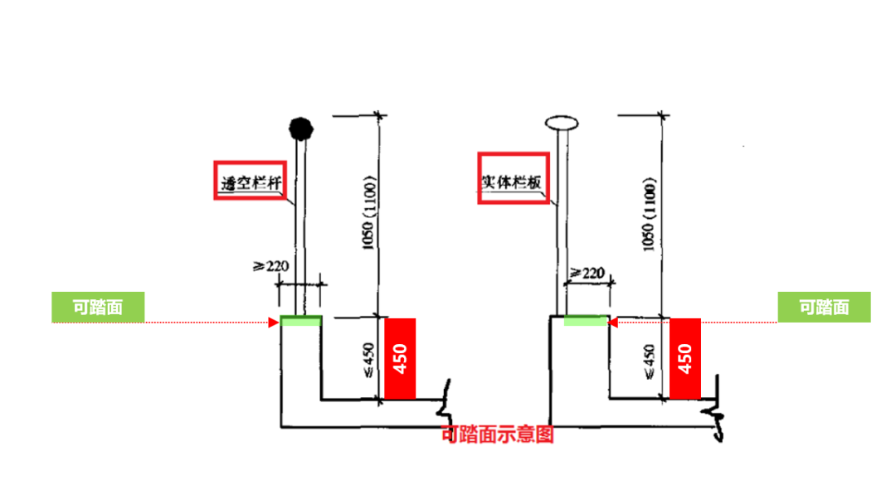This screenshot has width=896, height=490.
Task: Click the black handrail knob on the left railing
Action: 299,129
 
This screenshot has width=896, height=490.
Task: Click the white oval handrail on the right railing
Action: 562,124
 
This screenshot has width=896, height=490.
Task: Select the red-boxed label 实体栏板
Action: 514,177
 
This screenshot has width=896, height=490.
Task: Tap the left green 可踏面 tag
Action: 98,308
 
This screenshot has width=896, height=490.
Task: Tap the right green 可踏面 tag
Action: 824,308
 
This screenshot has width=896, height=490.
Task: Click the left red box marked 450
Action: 399,359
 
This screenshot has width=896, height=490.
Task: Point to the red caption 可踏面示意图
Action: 498,434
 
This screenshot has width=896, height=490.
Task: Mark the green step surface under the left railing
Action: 300,321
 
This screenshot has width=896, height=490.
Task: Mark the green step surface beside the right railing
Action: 585,321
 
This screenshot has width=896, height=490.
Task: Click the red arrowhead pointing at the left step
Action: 274,322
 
